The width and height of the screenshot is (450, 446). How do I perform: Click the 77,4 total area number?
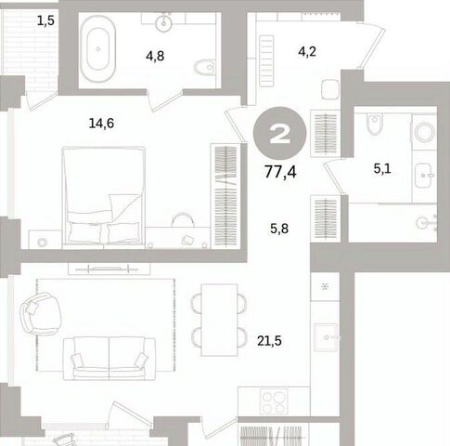[280, 172]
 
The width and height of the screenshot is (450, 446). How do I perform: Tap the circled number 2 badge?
[279, 133]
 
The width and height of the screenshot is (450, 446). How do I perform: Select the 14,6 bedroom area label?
[101, 124]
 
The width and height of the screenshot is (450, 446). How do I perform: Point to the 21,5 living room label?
[269, 341]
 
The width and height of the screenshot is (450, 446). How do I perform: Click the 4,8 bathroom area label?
[155, 57]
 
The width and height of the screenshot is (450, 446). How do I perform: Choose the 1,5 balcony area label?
[45, 20]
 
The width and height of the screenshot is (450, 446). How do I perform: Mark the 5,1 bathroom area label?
[382, 169]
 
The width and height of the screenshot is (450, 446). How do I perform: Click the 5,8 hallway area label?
[279, 229]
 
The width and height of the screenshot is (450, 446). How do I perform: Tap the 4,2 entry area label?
[307, 51]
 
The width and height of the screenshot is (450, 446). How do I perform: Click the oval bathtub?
[98, 49]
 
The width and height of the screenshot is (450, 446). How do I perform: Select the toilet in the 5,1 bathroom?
[375, 124]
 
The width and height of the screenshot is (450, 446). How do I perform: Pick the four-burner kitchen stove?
[274, 401]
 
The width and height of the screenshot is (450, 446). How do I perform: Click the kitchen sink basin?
[326, 337]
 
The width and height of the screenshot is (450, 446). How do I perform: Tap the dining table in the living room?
[219, 320]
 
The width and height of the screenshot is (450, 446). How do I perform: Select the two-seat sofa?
[109, 358]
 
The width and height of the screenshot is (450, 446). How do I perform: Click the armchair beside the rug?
[41, 313]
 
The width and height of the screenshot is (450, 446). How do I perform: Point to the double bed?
[104, 197]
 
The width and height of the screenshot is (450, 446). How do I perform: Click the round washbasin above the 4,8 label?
[163, 23]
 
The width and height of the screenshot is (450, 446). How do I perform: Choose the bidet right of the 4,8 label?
[205, 67]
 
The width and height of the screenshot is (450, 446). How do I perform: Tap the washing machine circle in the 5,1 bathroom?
[425, 132]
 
